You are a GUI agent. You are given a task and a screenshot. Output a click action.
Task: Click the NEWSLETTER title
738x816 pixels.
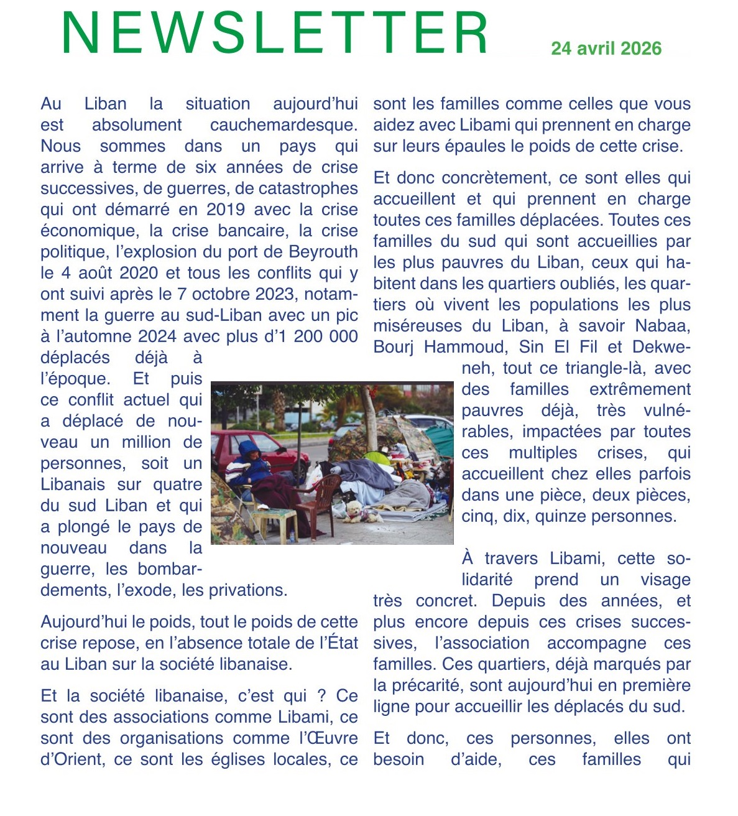point(275,34)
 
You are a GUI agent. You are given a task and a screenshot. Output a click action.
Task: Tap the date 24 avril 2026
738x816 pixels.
point(606,49)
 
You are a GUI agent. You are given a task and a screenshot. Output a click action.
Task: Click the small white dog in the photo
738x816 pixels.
point(355,511)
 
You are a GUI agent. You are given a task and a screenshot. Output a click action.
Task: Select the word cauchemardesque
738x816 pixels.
point(284,125)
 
